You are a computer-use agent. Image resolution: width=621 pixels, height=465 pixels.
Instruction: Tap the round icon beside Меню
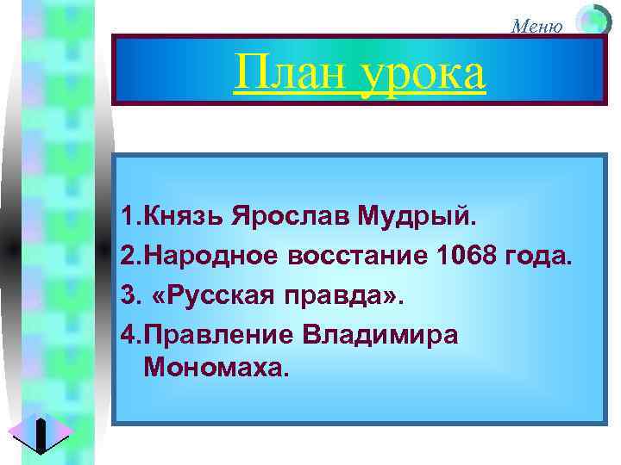pyautogui.click(x=593, y=20)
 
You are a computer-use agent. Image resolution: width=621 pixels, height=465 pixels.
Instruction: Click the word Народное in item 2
pyautogui.click(x=203, y=257)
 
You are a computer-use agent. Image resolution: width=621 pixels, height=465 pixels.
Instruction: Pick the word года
pyautogui.click(x=537, y=257)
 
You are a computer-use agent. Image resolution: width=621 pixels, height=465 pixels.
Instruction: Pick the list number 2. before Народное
pyautogui.click(x=131, y=257)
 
